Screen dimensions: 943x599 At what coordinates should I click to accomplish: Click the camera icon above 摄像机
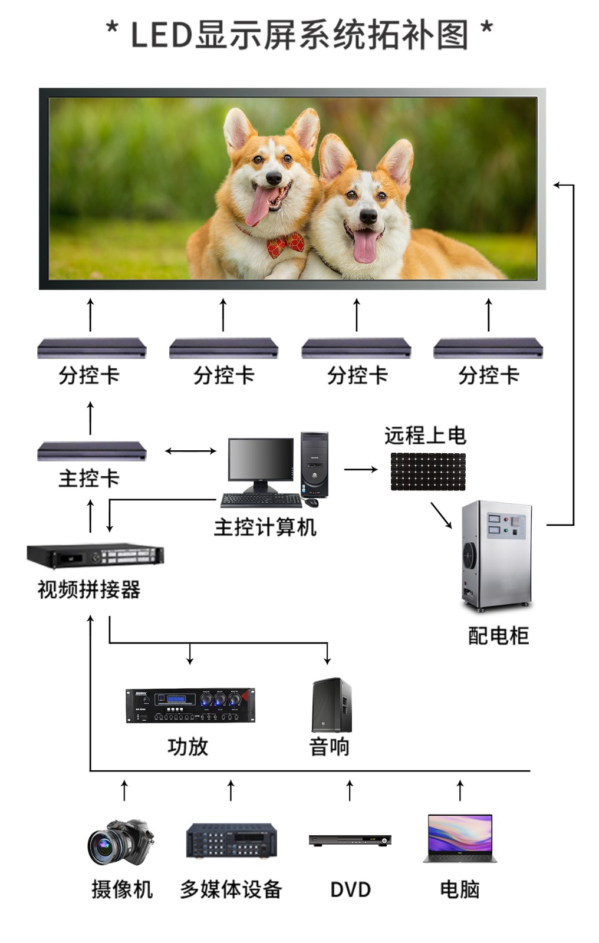coord(120,841)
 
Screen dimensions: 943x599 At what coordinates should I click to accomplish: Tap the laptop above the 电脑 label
coord(460,838)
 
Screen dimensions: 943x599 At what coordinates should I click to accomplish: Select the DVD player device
coord(350,840)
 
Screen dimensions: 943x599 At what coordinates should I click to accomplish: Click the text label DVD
coord(350,889)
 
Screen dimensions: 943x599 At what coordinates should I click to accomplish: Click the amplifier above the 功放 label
coord(190,705)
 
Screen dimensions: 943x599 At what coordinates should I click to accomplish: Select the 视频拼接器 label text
coord(89,589)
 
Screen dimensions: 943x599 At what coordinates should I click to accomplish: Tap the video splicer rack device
coord(96,555)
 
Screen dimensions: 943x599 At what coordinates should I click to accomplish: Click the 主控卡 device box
coord(91,451)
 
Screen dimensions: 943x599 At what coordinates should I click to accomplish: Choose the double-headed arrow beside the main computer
coord(190,451)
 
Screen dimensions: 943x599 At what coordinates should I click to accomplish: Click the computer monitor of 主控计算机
coord(261,460)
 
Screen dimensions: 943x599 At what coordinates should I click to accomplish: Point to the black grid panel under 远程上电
coord(428,471)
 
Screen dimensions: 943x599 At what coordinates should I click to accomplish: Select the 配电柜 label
coord(498,635)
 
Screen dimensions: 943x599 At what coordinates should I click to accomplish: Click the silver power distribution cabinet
coord(496,554)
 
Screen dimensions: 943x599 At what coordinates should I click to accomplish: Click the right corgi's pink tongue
coord(365,246)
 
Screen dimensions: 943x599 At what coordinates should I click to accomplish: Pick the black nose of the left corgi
coord(274,177)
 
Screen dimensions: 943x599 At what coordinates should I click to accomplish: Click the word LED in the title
coord(161,34)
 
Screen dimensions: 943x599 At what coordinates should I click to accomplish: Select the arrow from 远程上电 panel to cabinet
coord(441,515)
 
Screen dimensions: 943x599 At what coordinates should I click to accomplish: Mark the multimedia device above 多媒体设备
coord(231,840)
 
